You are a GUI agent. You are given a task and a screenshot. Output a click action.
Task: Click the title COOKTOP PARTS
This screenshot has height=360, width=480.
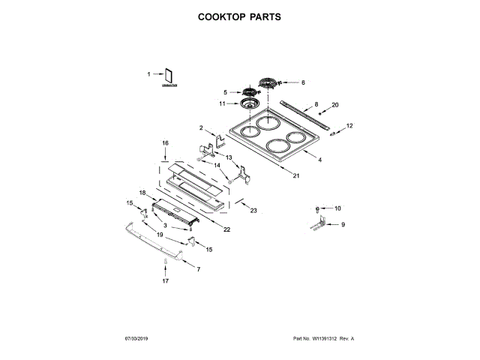pos(239,16)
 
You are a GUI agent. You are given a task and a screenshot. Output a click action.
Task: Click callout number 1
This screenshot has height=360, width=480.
pos(148,73)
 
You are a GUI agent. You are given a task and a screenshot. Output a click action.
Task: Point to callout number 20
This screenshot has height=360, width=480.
pos(335,105)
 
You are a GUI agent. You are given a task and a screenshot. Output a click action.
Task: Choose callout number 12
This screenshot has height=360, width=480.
pos(349,125)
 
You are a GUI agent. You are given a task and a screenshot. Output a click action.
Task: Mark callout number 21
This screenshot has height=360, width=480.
pos(296,176)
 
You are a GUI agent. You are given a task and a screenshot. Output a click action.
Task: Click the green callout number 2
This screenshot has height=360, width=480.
pos(201,127)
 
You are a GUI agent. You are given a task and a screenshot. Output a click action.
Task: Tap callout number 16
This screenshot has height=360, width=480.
pos(166,142)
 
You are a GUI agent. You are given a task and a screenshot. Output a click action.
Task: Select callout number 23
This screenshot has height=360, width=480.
pos(253,211)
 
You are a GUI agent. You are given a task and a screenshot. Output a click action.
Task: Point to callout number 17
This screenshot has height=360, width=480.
pos(166,280)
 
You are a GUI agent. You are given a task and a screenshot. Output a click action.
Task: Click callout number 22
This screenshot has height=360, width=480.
pos(226,228)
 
